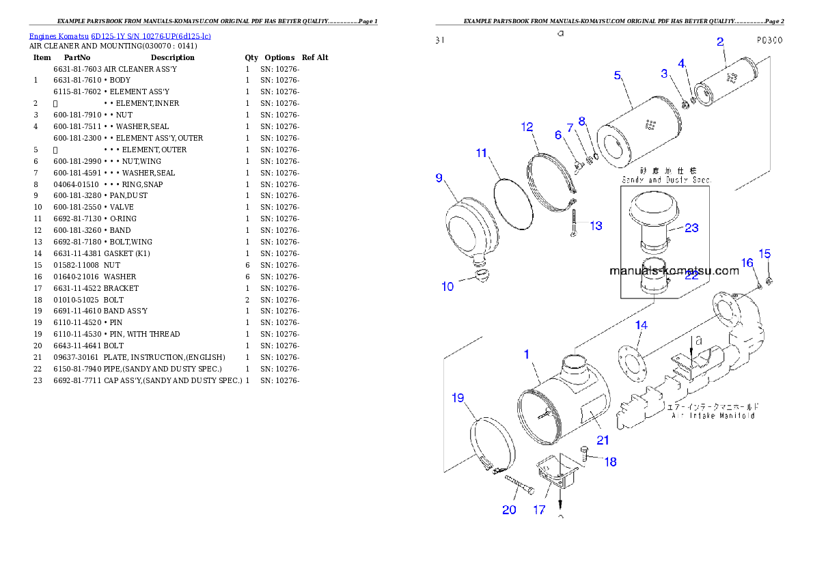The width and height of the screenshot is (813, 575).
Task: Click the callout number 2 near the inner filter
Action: pyautogui.click(x=720, y=42)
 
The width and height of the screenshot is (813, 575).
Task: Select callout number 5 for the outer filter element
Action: pyautogui.click(x=617, y=75)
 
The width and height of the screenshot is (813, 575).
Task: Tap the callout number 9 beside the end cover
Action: pyautogui.click(x=439, y=178)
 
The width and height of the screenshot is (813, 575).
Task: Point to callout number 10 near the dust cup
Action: pyautogui.click(x=447, y=286)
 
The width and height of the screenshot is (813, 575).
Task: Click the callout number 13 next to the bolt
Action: pyautogui.click(x=596, y=225)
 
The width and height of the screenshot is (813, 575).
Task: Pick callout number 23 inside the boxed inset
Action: pyautogui.click(x=691, y=227)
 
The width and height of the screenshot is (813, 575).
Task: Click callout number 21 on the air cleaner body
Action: pyautogui.click(x=603, y=440)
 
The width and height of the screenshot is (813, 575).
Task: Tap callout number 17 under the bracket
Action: pyautogui.click(x=540, y=509)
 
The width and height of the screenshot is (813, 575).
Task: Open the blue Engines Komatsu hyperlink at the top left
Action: pyautogui.click(x=120, y=36)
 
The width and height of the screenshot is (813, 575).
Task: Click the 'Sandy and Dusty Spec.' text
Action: pyautogui.click(x=667, y=180)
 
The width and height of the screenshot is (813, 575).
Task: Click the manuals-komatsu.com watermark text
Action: pyautogui.click(x=674, y=270)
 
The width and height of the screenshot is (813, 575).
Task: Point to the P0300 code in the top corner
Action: pyautogui.click(x=769, y=40)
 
